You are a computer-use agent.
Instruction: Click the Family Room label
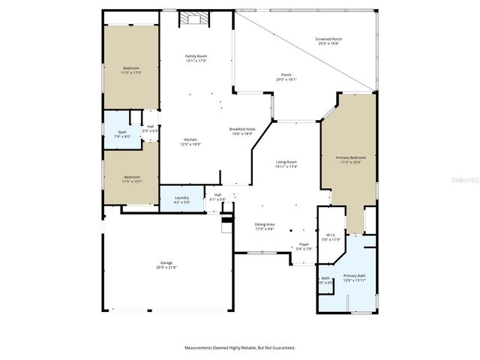tap(196, 58)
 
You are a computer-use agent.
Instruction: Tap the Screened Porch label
tap(328, 42)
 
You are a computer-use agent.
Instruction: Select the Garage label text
tap(166, 265)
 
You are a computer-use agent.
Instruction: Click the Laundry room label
tap(181, 199)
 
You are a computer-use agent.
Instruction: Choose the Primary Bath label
tap(355, 277)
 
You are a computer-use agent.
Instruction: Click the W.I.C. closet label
tap(331, 238)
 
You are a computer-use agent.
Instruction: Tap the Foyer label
tap(304, 246)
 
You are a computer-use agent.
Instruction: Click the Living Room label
tap(286, 164)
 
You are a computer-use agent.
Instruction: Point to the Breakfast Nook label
tap(243, 131)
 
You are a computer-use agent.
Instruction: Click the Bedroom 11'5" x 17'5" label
tap(131, 70)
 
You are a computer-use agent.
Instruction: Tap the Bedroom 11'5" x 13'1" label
tap(131, 179)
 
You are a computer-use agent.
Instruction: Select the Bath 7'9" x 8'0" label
tap(122, 134)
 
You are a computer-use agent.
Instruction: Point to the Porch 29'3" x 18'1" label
tap(286, 76)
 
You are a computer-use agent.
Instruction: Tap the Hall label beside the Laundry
tap(217, 197)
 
